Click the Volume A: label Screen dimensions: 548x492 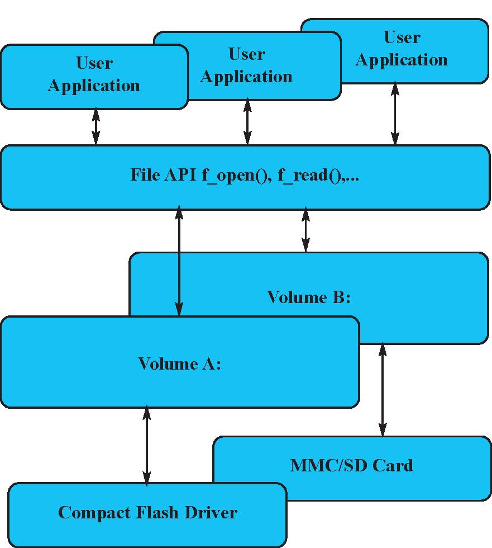(180, 364)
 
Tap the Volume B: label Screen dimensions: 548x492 (309, 297)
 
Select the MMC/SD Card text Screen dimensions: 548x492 (352, 465)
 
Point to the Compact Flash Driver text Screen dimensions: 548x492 (148, 512)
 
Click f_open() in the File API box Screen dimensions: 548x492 (235, 176)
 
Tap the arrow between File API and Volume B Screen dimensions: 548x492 (305, 230)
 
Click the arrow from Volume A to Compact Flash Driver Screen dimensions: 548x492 (147, 446)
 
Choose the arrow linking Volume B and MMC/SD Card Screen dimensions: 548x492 (383, 390)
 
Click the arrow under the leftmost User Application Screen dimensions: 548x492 (96, 127)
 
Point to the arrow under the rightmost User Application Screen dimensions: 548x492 (395, 114)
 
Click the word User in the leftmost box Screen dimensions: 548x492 (94, 63)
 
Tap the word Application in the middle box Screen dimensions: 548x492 (246, 77)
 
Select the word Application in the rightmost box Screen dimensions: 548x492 (402, 60)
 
